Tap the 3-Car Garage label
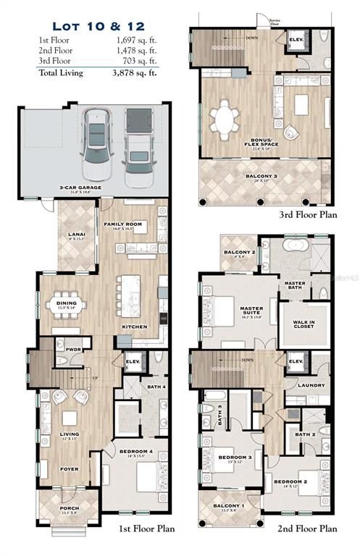coord(80,188)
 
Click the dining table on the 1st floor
coord(68,306)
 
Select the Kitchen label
coord(135,327)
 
